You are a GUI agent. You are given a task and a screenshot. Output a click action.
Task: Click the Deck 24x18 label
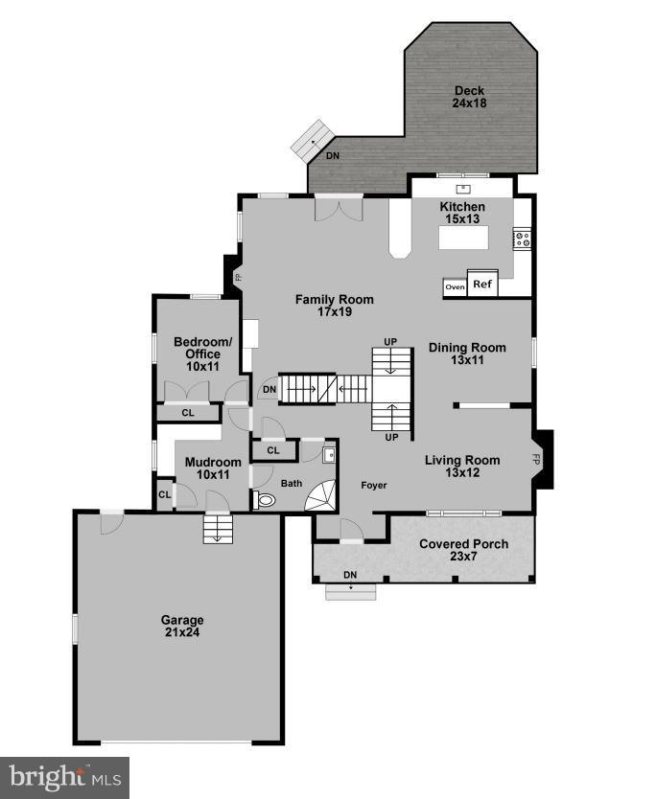(x=469, y=97)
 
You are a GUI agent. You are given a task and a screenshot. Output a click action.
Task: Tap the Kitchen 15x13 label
(x=462, y=213)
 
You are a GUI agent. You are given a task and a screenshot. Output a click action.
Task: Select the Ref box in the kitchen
(x=481, y=285)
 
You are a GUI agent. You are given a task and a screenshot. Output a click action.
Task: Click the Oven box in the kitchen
(x=455, y=286)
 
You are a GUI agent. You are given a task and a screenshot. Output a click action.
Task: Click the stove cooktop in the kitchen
(x=523, y=239)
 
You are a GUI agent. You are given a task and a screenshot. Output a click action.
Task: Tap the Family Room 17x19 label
(x=334, y=306)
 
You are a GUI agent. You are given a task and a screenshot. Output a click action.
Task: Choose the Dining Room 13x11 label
(x=467, y=354)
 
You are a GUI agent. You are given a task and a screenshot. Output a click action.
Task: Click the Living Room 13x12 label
(x=463, y=466)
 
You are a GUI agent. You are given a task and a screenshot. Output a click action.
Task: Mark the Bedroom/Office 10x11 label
(x=202, y=354)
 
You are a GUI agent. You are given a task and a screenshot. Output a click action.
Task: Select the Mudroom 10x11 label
(x=206, y=467)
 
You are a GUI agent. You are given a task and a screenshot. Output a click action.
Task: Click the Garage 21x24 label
(x=181, y=626)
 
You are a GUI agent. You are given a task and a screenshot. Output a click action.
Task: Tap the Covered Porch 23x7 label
(x=464, y=550)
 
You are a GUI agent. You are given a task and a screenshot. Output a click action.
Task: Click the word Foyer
(x=374, y=486)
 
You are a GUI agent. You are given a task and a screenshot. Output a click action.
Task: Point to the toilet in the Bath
(x=264, y=499)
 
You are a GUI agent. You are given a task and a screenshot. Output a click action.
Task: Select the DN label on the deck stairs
(x=332, y=155)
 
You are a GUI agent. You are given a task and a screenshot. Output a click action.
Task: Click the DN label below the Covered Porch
(x=350, y=575)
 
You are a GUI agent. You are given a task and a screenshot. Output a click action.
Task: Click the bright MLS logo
(x=64, y=776)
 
